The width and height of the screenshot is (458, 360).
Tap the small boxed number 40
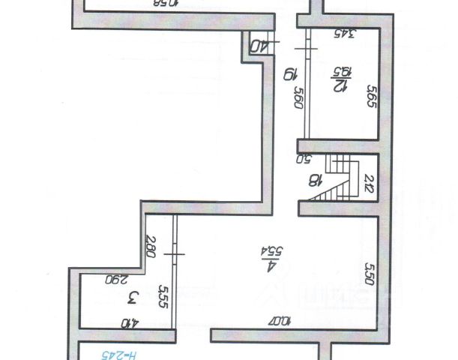259,47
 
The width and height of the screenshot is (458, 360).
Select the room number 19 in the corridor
286,74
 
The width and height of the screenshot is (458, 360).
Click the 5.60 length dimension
298,99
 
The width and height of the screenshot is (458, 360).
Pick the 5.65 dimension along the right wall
370,97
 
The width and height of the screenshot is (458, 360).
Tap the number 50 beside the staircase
305,159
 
